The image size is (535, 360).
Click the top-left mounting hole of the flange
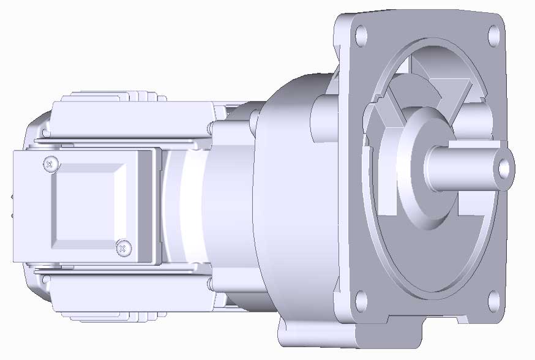(361, 33)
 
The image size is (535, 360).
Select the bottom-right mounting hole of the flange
(493, 300)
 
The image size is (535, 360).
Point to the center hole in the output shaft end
(503, 167)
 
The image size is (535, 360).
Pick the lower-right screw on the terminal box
(122, 248)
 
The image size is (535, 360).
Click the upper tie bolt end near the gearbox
(211, 127)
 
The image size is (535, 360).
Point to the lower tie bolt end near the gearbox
(211, 283)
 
